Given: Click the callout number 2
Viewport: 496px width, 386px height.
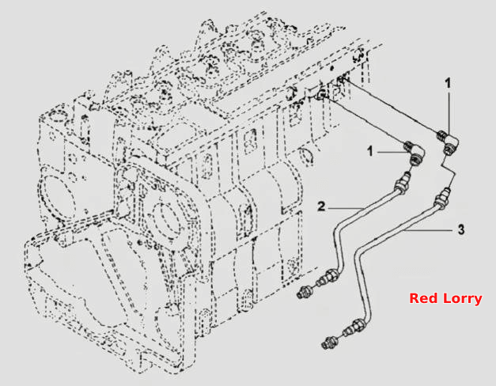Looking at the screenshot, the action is point(321,206).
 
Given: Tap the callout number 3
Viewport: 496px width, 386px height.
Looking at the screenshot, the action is point(461,229).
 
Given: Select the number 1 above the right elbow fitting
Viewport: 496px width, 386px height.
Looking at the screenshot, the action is point(448,84).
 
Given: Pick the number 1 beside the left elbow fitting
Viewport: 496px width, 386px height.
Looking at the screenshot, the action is point(370,151).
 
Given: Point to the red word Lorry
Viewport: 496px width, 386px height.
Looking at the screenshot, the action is point(463,299).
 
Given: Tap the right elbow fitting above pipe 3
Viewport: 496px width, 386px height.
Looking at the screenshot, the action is point(449,142).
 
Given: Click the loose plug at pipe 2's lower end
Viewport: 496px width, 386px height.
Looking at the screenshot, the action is point(303,292).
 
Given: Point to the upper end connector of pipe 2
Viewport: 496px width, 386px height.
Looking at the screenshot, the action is point(403,183).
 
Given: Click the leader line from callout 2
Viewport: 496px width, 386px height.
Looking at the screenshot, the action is point(346,209).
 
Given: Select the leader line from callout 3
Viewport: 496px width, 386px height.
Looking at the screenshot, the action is point(428,230).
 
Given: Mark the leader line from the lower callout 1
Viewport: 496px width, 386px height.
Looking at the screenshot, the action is point(391,152).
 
